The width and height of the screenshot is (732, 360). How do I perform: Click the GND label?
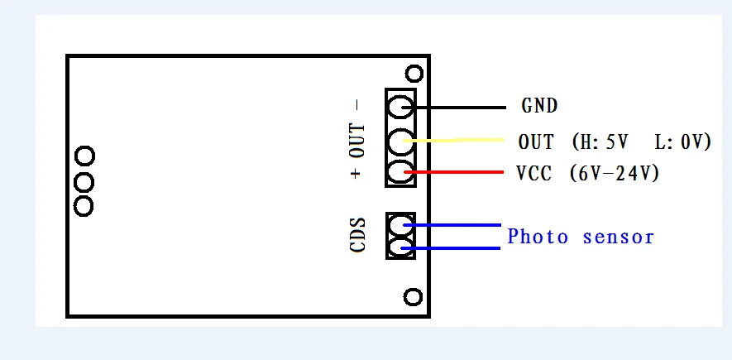coord(539,106)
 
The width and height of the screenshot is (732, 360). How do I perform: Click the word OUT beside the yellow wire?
coord(536,142)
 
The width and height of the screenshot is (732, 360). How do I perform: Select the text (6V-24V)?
coord(615,174)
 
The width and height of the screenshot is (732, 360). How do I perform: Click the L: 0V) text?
coord(682,142)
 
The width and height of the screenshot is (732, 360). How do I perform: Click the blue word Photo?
coord(538,237)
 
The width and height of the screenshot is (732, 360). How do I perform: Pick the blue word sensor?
coord(619,238)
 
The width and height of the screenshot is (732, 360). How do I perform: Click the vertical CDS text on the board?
coord(358,236)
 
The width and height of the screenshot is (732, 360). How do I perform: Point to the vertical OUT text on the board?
coord(356,141)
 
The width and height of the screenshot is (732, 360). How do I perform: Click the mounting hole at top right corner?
coord(414,74)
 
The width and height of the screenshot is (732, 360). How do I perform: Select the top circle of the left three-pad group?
coord(84,156)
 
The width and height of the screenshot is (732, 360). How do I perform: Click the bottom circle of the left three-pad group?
coord(84,205)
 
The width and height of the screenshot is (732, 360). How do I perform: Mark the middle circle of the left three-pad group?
coord(84,180)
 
